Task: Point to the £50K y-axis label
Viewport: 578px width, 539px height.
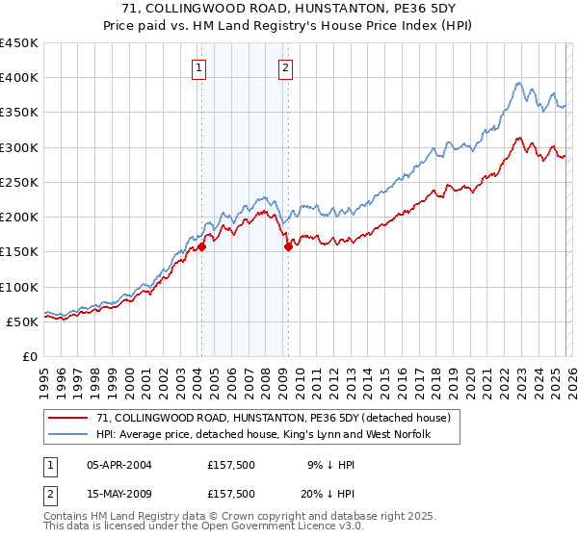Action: click(23, 321)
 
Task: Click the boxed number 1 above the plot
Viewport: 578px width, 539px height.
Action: click(198, 67)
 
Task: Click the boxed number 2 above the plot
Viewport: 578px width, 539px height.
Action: click(286, 67)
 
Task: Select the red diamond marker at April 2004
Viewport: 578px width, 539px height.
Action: click(201, 247)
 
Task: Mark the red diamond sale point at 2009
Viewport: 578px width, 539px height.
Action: click(288, 247)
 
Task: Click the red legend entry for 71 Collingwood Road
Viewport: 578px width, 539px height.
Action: click(266, 418)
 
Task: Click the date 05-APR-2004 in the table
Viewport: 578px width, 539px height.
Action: click(119, 465)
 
